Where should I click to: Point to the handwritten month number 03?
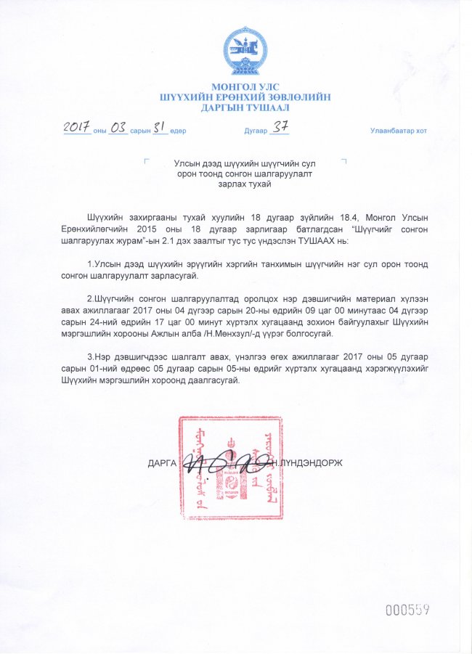coord(117,128)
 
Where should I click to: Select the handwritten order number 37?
coord(280,127)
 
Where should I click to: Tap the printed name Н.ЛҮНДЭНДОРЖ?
coord(305,462)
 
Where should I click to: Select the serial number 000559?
coord(407,610)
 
